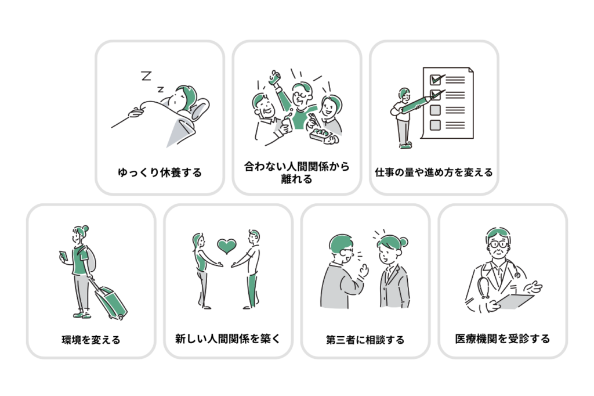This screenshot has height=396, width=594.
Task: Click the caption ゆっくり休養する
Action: coord(160,172)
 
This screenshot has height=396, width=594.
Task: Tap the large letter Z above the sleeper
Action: coord(146,76)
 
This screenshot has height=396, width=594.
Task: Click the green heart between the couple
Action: coord(227,246)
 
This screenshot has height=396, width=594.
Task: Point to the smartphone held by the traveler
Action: coord(63,255)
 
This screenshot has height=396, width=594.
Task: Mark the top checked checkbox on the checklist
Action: coord(436,80)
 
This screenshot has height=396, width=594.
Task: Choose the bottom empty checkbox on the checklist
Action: coord(435,125)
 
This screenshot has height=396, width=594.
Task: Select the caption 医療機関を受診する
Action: coord(502,339)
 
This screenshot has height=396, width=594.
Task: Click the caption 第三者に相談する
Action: coord(365,340)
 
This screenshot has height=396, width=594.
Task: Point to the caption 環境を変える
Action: coord(91,340)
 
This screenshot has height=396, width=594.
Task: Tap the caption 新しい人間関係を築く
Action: coord(227,339)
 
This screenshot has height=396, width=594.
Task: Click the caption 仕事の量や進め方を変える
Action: coord(434,172)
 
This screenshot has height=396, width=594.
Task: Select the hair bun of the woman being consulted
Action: coord(404,242)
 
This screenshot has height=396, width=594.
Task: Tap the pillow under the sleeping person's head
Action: coord(199,108)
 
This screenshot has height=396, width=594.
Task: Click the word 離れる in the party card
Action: coord(296,179)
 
